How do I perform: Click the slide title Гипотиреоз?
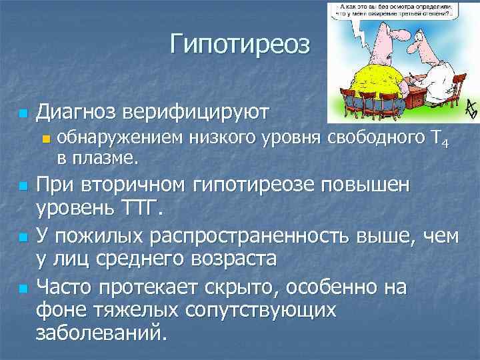240,45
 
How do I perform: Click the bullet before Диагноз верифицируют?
23,114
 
